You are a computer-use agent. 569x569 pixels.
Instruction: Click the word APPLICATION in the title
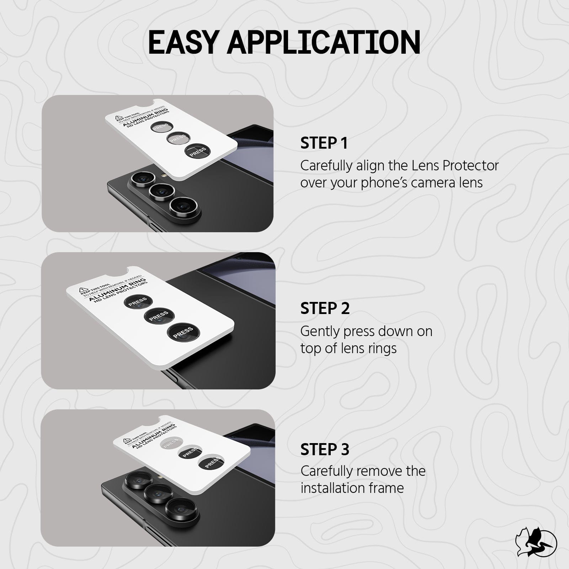point(324,42)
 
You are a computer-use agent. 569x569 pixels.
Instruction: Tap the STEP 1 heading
point(324,143)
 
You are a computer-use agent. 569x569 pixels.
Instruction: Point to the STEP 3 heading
point(325,449)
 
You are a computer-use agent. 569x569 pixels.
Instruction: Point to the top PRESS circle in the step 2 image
point(138,302)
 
